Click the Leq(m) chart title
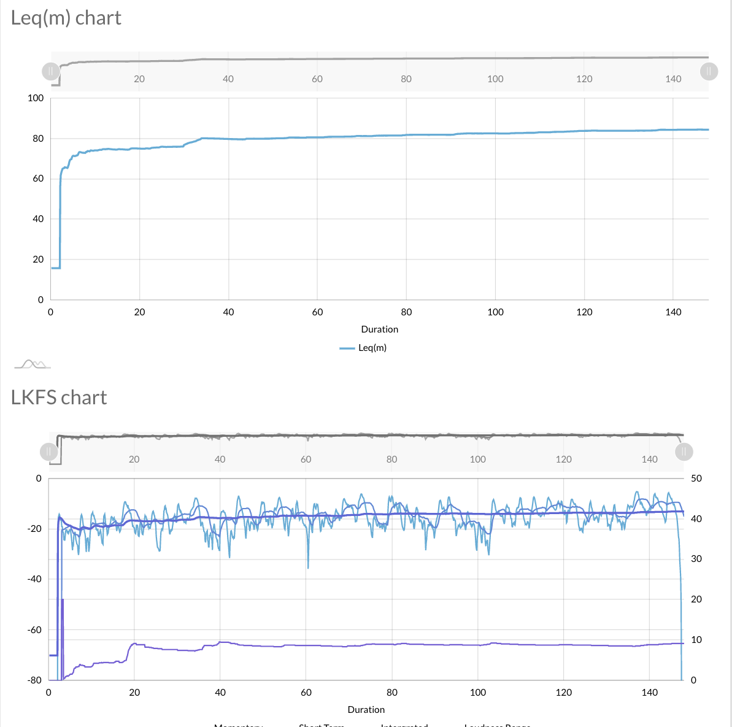(x=66, y=18)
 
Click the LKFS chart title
(x=59, y=398)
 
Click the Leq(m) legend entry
(x=364, y=348)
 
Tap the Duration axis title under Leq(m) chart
(x=379, y=329)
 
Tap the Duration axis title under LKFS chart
(x=366, y=710)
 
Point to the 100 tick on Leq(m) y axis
(x=36, y=98)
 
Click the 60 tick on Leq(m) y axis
(x=38, y=179)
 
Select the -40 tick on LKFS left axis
(x=34, y=579)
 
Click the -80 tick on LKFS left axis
(x=34, y=680)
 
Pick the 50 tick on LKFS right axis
(x=696, y=479)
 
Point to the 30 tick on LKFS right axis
(x=696, y=559)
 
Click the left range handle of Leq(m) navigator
(x=51, y=71)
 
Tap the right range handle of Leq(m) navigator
(x=709, y=71)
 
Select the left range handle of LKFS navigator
(x=48, y=452)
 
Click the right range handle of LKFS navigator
(x=684, y=452)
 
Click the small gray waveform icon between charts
(x=33, y=364)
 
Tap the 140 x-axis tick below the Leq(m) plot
(x=673, y=312)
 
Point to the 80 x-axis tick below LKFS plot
(x=392, y=693)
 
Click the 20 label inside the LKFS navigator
(x=134, y=460)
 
